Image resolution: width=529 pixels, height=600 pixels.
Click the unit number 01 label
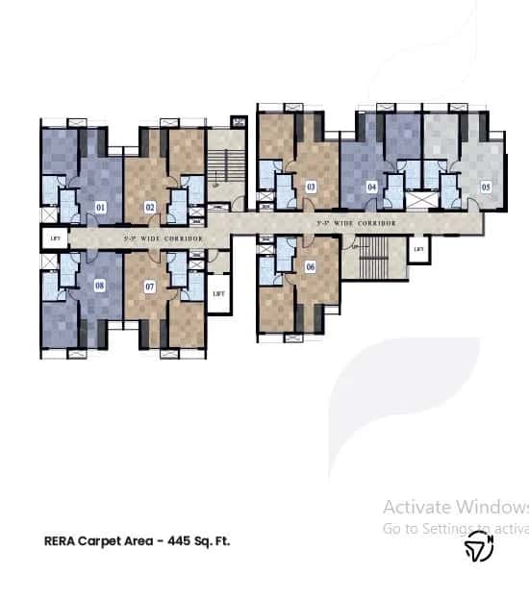point(101,206)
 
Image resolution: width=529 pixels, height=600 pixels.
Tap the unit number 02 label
point(151,206)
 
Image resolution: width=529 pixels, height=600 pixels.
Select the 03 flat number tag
point(311,187)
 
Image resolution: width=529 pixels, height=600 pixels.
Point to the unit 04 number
point(371,187)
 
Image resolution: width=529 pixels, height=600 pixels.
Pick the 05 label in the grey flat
point(486,187)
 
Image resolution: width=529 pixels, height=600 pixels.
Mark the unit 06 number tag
point(310,266)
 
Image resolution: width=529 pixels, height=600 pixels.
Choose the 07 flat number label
point(150,286)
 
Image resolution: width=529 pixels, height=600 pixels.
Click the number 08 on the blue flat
point(100,286)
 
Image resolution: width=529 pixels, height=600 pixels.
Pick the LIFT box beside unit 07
point(218,292)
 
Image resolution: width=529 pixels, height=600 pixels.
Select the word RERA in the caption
point(62,540)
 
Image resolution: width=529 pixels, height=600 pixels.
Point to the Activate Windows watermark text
point(455,507)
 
